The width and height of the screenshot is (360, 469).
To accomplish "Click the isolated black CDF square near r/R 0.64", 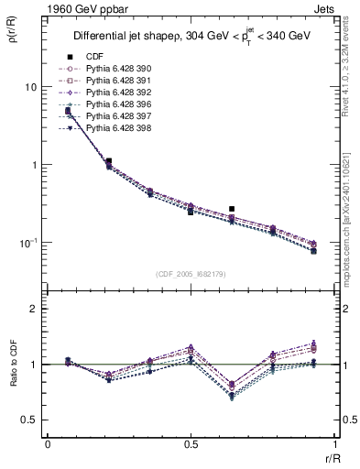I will click(232, 209).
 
